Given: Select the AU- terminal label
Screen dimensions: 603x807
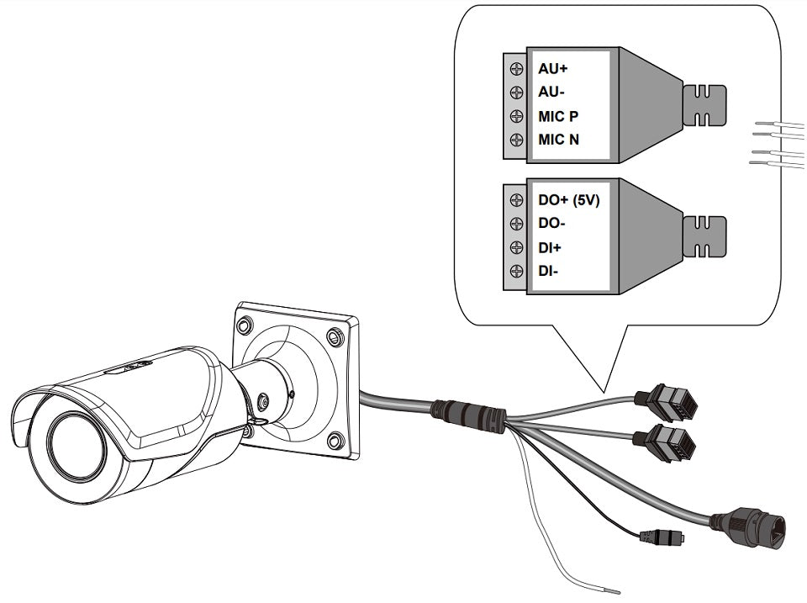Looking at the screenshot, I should tap(551, 92).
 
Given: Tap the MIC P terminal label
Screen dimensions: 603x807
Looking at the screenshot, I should tap(558, 116).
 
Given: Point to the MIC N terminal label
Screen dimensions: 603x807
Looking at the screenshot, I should tap(558, 140).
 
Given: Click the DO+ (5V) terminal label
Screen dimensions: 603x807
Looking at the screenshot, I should tap(568, 201).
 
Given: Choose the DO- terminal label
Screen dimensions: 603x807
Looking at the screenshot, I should tap(551, 225).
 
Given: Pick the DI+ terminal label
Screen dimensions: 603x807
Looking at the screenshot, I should tap(550, 248).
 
